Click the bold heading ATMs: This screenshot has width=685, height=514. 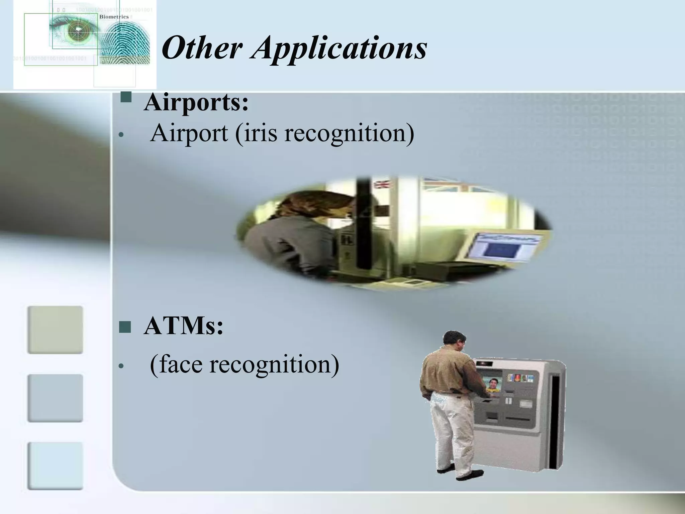click(183, 326)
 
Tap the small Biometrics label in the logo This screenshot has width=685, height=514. click(114, 17)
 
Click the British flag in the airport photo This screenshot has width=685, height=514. click(383, 184)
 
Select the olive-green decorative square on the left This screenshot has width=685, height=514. click(55, 330)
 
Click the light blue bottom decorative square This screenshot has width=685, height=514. click(55, 466)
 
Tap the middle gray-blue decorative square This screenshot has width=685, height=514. click(55, 398)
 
